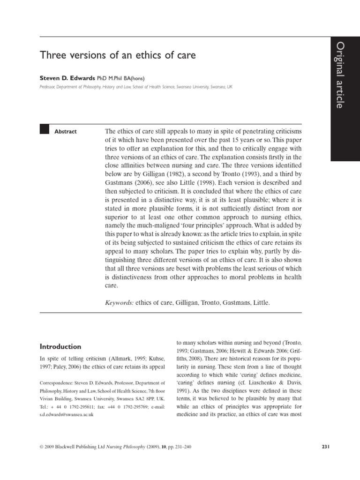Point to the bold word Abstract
pyautogui.click(x=66, y=132)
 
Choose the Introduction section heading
pyautogui.click(x=60, y=347)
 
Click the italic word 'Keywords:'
pyautogui.click(x=120, y=303)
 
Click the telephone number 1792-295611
pyautogui.click(x=77, y=407)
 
